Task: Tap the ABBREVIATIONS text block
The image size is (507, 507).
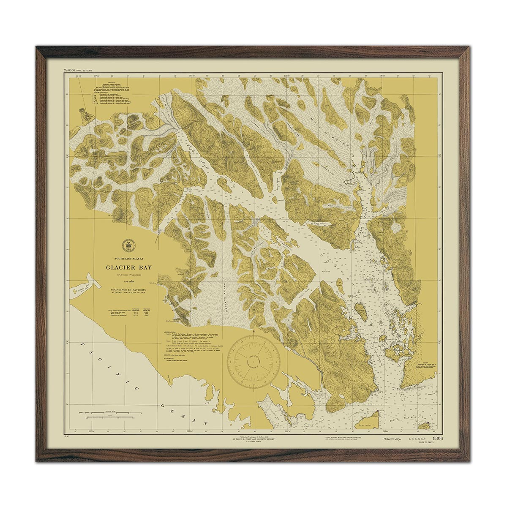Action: click(190, 342)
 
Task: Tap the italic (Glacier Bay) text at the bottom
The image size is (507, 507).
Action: click(392, 439)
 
